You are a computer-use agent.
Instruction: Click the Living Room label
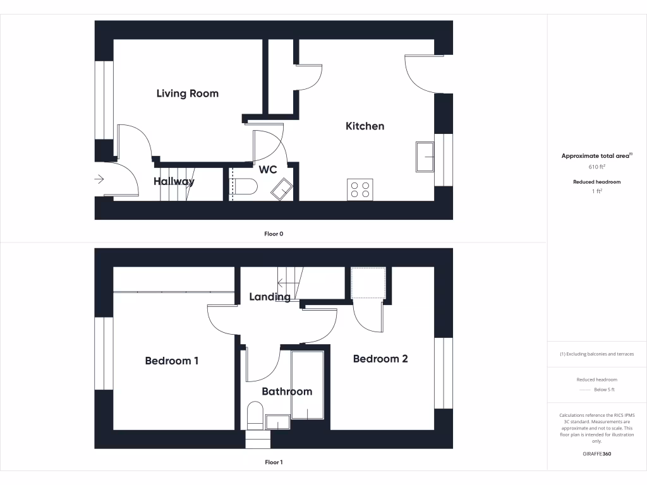pos(187,93)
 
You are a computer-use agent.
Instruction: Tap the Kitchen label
pos(365,126)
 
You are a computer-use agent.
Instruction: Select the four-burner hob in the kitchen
pos(360,189)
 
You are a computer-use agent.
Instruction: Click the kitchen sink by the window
pos(425,156)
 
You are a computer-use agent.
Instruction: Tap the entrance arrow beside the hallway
pos(99,179)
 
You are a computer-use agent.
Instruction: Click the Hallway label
pos(174,181)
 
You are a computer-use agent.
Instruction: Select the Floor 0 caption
pos(274,234)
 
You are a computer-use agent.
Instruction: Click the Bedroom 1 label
pos(172,361)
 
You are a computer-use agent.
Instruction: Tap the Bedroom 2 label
pos(380,359)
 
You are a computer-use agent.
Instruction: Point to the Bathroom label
pos(287,392)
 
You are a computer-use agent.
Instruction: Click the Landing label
pos(270,297)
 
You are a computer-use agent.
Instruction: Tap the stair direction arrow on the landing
pos(281,282)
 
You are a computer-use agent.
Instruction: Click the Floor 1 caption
pos(274,462)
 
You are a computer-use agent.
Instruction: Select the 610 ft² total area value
pos(597,167)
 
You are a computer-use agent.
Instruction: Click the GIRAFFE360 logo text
pos(597,454)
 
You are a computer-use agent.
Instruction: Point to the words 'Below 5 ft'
pos(604,390)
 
